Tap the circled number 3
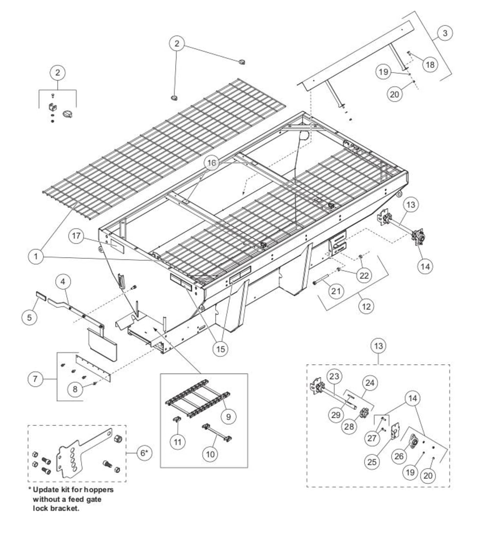[445, 33]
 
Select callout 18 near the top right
[430, 64]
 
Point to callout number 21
[336, 291]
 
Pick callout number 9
[228, 416]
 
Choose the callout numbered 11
[178, 442]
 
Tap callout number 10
[210, 454]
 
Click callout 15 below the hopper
[221, 349]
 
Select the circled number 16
[212, 163]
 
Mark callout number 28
[349, 427]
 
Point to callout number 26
[399, 456]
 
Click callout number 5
[29, 317]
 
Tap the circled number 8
[75, 389]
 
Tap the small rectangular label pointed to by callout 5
[41, 295]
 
